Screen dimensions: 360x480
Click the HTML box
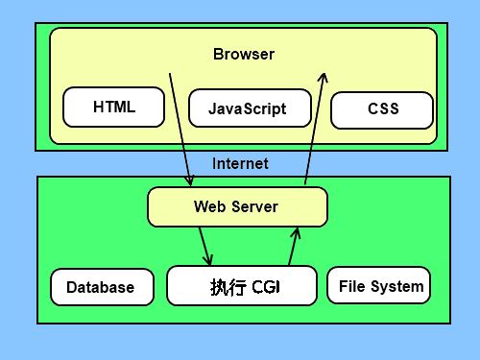click(113, 107)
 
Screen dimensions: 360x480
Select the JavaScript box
click(247, 108)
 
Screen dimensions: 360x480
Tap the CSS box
click(382, 109)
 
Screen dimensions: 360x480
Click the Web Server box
click(236, 206)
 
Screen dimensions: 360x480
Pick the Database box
click(101, 287)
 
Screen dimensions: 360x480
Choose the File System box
click(378, 286)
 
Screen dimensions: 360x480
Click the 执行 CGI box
click(241, 286)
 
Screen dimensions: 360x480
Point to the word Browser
click(243, 54)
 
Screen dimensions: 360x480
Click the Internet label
click(240, 163)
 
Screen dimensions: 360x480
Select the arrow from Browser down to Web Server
click(180, 130)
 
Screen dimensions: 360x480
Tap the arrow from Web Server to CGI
click(204, 246)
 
